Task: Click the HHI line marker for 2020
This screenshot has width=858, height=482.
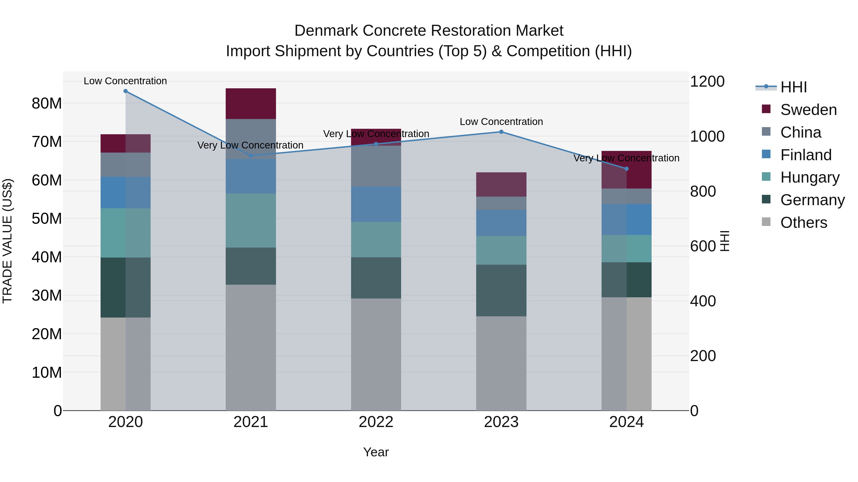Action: point(126,91)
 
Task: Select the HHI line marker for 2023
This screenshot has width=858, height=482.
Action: point(501,132)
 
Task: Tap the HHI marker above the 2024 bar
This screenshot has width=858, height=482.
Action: point(627,169)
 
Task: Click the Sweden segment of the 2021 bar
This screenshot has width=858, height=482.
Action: point(251,104)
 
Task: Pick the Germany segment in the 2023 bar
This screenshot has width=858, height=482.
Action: point(501,290)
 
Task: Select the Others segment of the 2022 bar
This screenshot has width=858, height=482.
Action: point(376,354)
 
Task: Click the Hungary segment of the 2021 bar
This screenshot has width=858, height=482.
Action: point(251,221)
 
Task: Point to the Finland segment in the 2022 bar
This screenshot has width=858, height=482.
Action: point(376,204)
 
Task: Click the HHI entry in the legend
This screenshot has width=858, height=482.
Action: point(793,87)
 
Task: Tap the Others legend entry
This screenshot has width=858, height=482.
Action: point(803,223)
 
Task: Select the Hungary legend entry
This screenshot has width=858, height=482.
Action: point(809,177)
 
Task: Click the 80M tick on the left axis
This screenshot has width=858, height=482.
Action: point(47,104)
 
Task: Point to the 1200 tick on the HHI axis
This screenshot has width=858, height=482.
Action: point(707,81)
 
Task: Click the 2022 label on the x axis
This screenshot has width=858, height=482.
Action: point(376,422)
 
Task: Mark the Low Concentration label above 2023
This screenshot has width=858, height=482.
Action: point(501,122)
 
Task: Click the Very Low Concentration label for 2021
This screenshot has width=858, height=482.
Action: point(250,145)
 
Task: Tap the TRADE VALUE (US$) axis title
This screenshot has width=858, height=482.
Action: point(7,241)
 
